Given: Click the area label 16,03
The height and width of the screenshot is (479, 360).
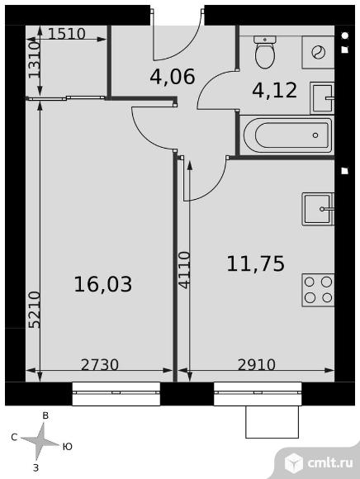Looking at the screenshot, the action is (103, 284).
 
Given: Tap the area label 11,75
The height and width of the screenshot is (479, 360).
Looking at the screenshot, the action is (255, 263).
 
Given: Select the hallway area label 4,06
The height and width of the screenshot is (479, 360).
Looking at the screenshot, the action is (173, 77).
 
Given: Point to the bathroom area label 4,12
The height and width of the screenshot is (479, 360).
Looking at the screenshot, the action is (274, 90).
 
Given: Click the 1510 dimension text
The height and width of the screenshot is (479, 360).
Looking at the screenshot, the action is (67, 34).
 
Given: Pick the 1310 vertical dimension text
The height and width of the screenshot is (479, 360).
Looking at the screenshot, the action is (34, 59).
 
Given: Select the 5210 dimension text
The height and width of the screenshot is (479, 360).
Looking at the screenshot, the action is (34, 310).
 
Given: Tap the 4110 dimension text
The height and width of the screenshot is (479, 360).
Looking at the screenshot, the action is (184, 270).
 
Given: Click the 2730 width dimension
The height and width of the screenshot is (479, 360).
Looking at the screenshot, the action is (100, 365).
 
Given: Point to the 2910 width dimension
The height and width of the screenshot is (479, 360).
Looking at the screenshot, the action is (257, 365).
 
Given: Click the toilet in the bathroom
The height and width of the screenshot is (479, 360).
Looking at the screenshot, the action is (265, 52).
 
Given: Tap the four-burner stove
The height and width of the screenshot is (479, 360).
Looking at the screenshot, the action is (318, 290).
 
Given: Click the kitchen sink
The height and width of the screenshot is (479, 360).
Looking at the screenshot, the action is (318, 209).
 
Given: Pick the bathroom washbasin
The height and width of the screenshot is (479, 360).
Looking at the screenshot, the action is (322, 98).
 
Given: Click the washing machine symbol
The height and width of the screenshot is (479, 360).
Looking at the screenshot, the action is (318, 52).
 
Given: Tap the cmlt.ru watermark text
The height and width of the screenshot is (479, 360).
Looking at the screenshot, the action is (330, 463).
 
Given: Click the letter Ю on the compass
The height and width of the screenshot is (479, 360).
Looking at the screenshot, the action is (68, 447).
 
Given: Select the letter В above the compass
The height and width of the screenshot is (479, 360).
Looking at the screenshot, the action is (45, 415).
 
